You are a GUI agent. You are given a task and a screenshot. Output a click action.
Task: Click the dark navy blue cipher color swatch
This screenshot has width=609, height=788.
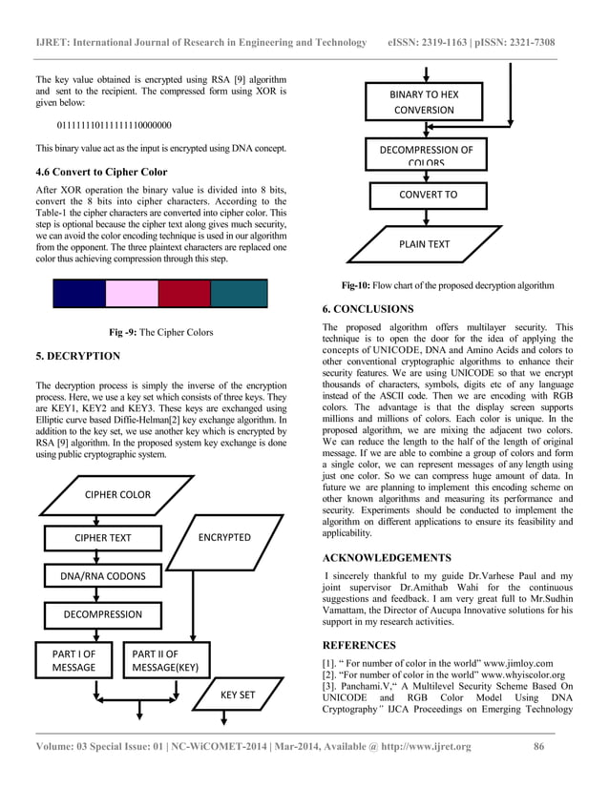point(78,293)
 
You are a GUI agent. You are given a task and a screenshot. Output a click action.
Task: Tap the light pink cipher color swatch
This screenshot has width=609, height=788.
point(131,293)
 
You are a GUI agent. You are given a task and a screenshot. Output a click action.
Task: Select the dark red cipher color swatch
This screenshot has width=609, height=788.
point(183,293)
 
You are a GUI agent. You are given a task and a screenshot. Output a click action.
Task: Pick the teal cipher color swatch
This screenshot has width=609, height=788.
point(238,293)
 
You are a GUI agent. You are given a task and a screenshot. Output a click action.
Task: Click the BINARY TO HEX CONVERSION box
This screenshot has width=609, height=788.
point(424,102)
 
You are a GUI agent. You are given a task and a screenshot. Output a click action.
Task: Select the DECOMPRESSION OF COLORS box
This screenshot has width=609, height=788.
point(426,154)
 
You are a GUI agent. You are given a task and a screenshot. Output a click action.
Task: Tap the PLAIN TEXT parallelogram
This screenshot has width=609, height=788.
point(424,244)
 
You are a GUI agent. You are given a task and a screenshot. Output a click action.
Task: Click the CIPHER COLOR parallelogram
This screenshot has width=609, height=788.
point(117,495)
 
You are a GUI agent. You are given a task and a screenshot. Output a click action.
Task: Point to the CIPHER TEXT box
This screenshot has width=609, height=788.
point(103,537)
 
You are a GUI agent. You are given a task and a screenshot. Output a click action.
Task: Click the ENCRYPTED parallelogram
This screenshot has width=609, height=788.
point(224,537)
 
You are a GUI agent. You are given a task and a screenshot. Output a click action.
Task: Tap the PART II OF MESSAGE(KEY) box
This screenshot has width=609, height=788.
point(165,660)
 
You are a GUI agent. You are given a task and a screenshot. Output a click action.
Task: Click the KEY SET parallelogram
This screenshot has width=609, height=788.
point(237,695)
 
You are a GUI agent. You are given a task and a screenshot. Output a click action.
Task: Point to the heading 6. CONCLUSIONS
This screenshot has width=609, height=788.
point(367,309)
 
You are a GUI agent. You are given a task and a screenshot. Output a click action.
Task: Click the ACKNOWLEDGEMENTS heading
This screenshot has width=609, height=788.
point(387,557)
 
